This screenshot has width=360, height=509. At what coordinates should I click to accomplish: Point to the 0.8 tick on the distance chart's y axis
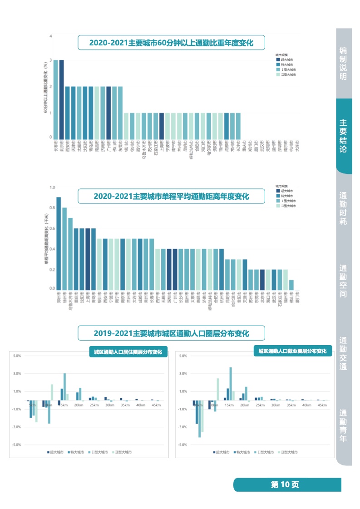(52, 208)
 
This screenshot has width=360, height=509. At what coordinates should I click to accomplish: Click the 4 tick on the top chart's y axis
(51, 36)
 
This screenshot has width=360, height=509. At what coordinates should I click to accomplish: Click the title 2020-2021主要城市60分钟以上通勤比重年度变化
(171, 43)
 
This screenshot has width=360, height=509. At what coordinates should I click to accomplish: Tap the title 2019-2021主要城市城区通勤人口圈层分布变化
(172, 333)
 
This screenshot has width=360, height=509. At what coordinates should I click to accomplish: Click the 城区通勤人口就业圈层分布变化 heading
(292, 351)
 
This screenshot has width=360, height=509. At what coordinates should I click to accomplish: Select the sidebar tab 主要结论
(343, 136)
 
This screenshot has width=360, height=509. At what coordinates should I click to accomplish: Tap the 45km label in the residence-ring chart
(156, 405)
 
